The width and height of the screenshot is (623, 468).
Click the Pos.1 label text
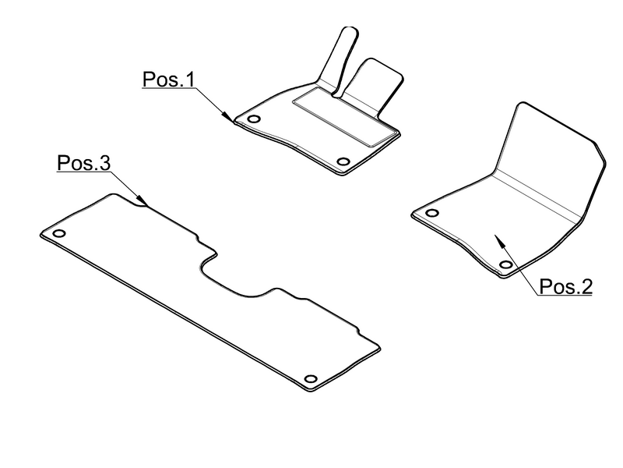coord(169,79)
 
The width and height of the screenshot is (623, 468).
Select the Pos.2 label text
coord(566,286)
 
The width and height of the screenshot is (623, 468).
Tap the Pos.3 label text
coord(84,163)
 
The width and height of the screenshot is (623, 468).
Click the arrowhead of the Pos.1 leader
coord(227,115)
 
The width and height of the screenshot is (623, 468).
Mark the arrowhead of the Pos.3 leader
coord(143,200)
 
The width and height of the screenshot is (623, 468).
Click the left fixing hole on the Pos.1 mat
coord(254,119)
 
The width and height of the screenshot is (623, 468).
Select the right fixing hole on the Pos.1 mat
coord(343,161)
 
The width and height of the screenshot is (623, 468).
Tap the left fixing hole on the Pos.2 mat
coord(432,213)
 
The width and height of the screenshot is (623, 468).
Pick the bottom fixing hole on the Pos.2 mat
coord(505,264)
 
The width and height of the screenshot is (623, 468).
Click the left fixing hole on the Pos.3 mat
coord(59,233)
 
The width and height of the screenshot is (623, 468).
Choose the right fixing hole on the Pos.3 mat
coord(311,378)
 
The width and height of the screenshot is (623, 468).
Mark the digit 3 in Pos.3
coord(104,163)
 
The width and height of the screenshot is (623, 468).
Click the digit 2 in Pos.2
coord(586,286)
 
